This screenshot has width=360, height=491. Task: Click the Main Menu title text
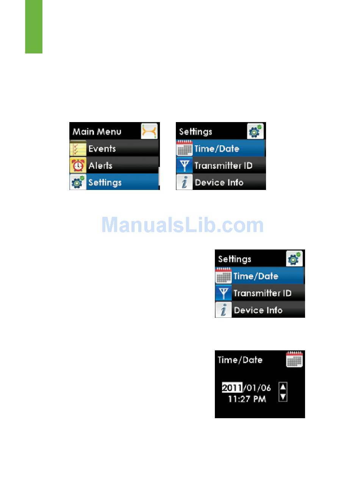point(97,132)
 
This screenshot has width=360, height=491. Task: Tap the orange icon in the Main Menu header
point(149,131)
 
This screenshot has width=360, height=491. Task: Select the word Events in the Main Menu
point(102,149)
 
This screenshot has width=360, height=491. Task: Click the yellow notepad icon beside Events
point(78,148)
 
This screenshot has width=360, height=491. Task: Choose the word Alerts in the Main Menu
point(100,166)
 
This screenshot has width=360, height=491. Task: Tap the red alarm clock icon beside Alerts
point(78,166)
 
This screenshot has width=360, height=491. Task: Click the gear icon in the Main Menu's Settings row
point(78,182)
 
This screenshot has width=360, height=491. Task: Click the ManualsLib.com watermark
point(182,225)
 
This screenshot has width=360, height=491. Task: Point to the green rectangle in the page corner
point(34,27)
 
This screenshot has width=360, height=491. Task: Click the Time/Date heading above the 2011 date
point(240,360)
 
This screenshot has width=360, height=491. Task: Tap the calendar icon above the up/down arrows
point(294,359)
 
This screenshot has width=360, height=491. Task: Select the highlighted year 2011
point(232,388)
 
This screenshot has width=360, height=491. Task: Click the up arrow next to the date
point(283,387)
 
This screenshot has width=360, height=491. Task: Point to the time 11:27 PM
point(247,399)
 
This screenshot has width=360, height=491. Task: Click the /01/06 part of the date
point(257,388)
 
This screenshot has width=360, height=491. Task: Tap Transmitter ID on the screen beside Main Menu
point(223,166)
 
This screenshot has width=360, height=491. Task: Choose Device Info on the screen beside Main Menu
point(219,182)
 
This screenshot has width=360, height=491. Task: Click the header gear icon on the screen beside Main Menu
point(255,131)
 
